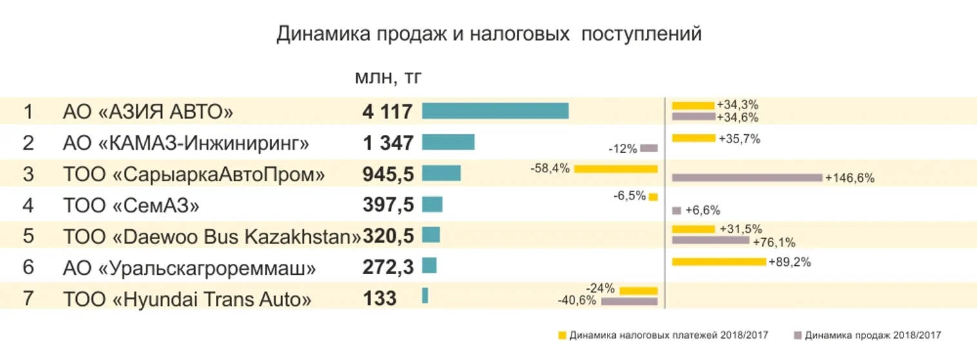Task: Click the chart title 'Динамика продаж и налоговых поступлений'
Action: point(488,34)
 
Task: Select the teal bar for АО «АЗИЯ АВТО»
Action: point(495,111)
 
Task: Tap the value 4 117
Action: point(387,112)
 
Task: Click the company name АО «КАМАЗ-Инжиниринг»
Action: point(186,143)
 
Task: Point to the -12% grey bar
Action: point(649,148)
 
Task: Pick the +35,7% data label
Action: point(739,138)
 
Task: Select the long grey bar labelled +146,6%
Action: point(747,177)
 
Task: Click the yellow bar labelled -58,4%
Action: point(615,169)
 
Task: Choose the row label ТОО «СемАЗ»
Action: point(131,205)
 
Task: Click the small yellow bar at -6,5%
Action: point(653,197)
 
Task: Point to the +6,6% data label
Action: point(702,210)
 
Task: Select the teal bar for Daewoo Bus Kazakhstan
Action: point(431,235)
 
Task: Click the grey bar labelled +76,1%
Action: point(710,241)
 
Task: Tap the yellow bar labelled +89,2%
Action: point(718,262)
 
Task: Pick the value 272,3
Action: point(388,267)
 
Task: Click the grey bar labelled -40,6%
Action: point(629,301)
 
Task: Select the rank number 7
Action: point(28,299)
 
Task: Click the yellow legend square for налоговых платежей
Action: point(562,335)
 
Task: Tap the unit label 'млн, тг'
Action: point(388,78)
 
